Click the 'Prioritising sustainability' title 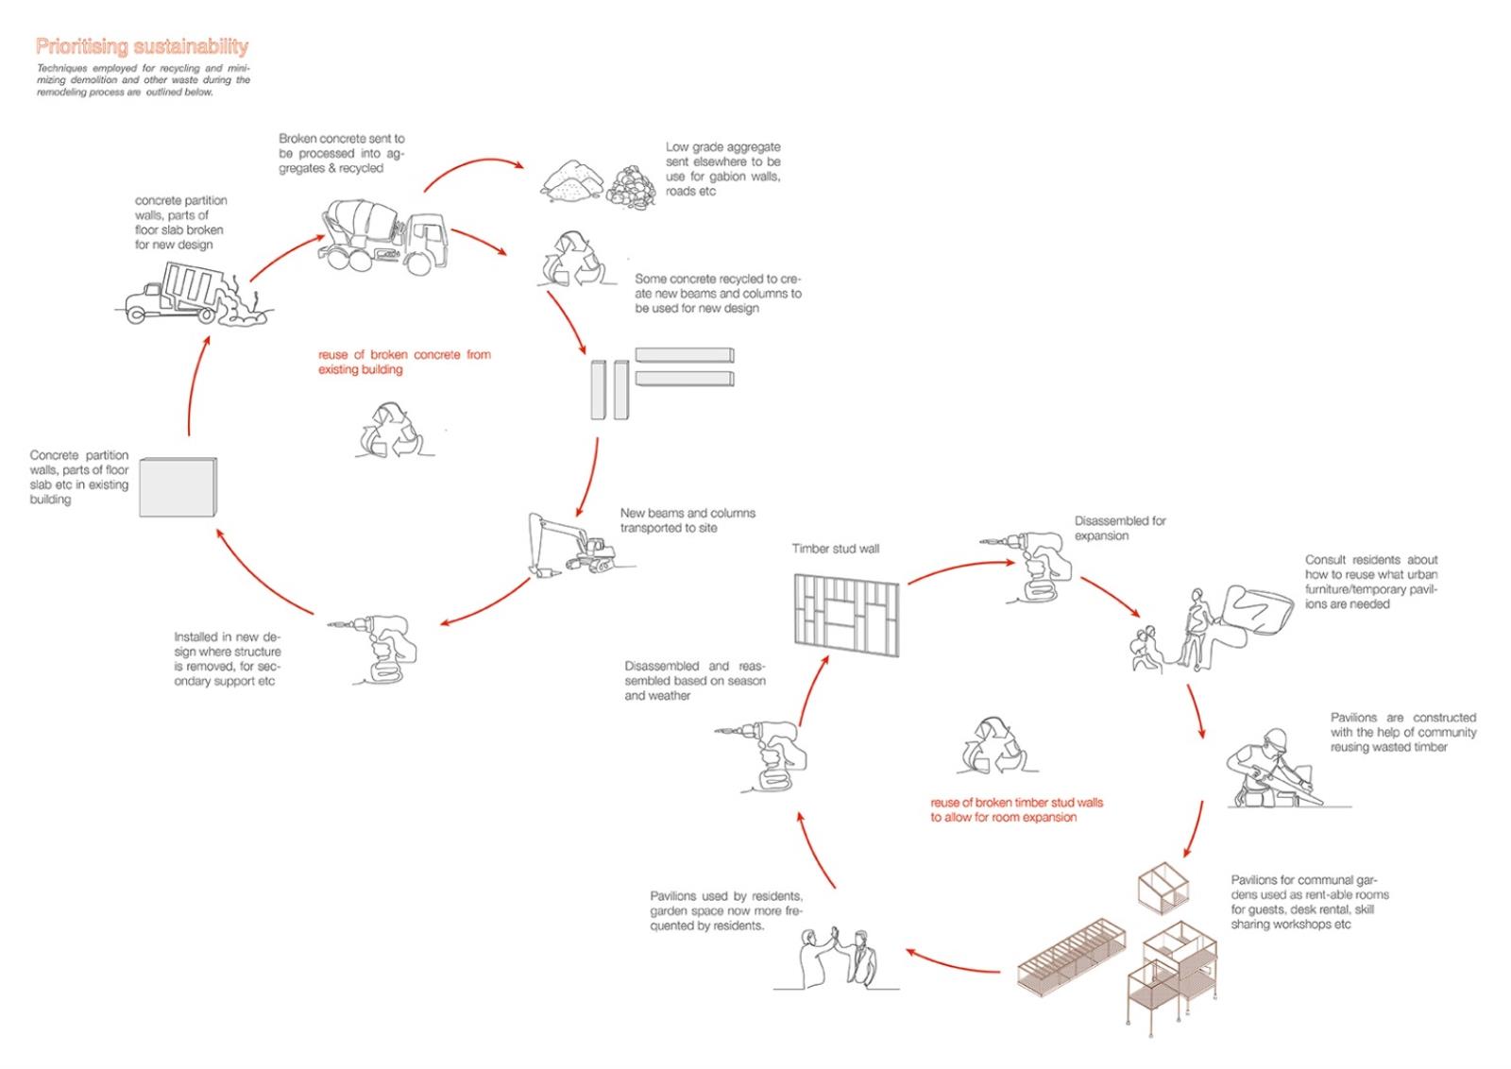click(x=142, y=46)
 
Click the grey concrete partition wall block click(x=178, y=487)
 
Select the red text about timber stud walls click(x=1016, y=809)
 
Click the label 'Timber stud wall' click(x=835, y=549)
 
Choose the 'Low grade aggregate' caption click(x=722, y=168)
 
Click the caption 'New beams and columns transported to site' click(x=688, y=520)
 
